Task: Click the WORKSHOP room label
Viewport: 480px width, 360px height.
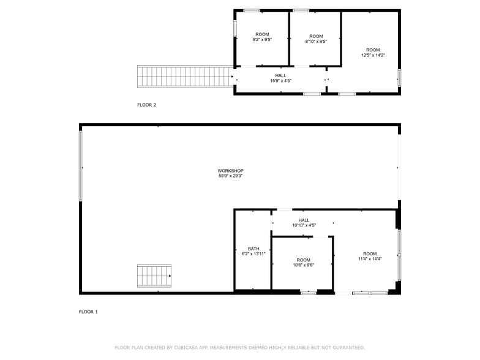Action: pyautogui.click(x=231, y=171)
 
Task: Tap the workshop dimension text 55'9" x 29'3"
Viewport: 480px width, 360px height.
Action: pyautogui.click(x=231, y=176)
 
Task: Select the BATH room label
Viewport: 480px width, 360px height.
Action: pyautogui.click(x=253, y=249)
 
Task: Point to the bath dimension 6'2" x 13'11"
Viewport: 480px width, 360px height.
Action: pyautogui.click(x=253, y=254)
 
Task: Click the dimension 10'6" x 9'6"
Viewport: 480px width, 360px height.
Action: pyautogui.click(x=303, y=265)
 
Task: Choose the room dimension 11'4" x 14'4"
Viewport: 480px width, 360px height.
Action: pyautogui.click(x=370, y=259)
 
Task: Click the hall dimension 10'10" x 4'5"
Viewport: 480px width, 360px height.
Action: pyautogui.click(x=304, y=225)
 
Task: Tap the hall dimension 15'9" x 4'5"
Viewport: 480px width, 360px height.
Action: pyautogui.click(x=280, y=81)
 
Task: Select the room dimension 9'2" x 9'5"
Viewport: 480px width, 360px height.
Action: pyautogui.click(x=262, y=40)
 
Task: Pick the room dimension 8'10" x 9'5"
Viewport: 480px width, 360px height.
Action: pyautogui.click(x=316, y=42)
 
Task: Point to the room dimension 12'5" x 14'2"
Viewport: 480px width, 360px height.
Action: pyautogui.click(x=373, y=55)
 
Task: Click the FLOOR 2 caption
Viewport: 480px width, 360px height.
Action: pyautogui.click(x=146, y=105)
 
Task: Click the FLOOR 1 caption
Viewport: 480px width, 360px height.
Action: pyautogui.click(x=88, y=312)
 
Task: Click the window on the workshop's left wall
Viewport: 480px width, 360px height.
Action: pyautogui.click(x=80, y=165)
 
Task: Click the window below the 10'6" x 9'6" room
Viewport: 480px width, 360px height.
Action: pyautogui.click(x=308, y=293)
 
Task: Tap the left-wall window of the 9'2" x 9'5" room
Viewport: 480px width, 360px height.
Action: pyautogui.click(x=234, y=28)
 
